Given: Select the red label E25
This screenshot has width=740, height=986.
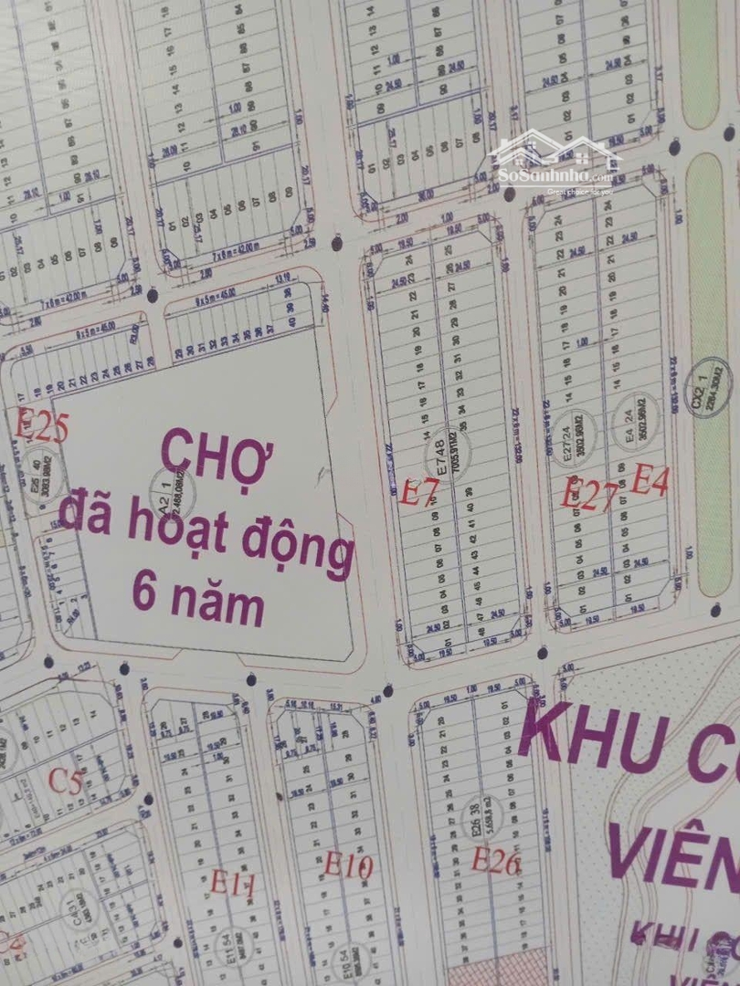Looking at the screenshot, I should coord(42,427).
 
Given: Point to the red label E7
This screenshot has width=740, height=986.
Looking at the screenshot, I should coord(421,493).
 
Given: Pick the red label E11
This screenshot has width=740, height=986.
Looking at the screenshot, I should coord(232,883).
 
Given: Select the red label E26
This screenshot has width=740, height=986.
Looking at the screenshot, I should coord(496,861).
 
